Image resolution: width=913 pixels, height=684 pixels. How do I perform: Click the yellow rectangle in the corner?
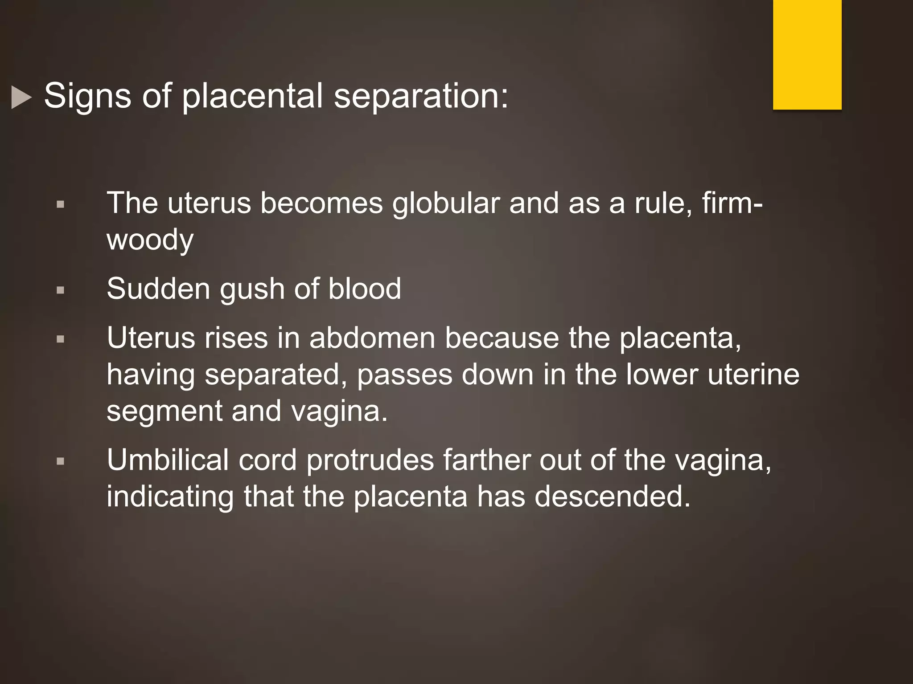pyautogui.click(x=807, y=54)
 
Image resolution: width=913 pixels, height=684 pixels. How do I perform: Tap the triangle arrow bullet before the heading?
pyautogui.click(x=21, y=97)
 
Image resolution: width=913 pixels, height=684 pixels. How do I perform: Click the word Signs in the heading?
pyautogui.click(x=87, y=96)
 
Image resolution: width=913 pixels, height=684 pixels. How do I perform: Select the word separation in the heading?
pyautogui.click(x=421, y=97)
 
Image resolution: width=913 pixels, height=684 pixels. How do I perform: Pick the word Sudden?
pyautogui.click(x=158, y=289)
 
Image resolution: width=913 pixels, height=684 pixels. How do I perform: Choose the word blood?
pyautogui.click(x=364, y=289)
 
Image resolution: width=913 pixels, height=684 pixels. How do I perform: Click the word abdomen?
pyautogui.click(x=372, y=338)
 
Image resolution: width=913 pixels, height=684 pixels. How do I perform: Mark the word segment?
pyautogui.click(x=164, y=412)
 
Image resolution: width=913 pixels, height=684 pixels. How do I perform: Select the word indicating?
pyautogui.click(x=170, y=497)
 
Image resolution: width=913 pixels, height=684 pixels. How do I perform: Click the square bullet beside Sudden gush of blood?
pyautogui.click(x=61, y=290)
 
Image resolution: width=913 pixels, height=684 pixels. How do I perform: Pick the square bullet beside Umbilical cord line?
pyautogui.click(x=61, y=461)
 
